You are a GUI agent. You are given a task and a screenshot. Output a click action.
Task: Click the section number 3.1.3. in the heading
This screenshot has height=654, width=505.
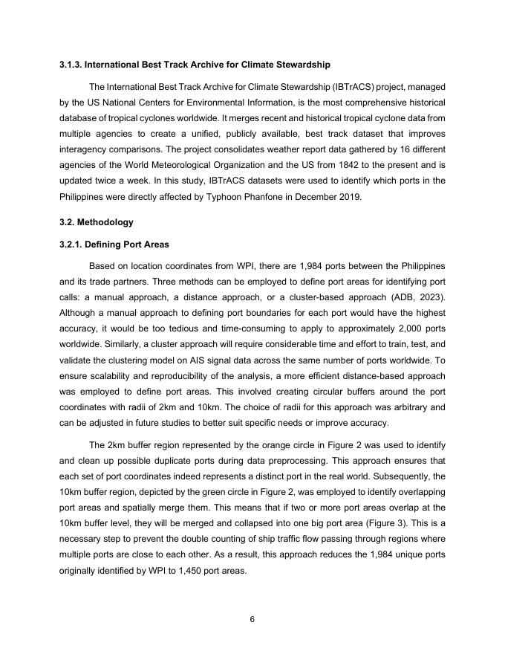(x=71, y=65)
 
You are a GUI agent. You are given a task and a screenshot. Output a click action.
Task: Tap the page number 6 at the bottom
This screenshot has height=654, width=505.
(x=252, y=621)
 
